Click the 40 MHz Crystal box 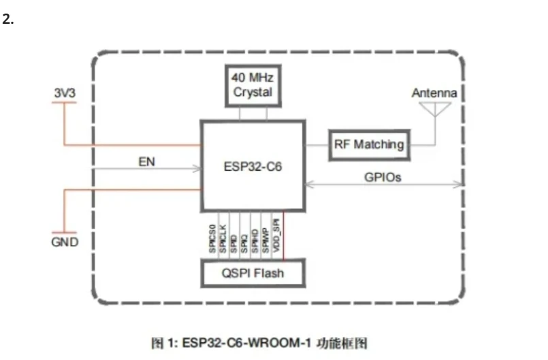[253, 84]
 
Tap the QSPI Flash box [253, 274]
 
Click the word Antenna [434, 93]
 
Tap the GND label [65, 242]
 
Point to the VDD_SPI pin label [276, 235]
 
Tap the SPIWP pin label [265, 238]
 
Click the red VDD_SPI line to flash [283, 238]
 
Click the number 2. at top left [8, 19]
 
